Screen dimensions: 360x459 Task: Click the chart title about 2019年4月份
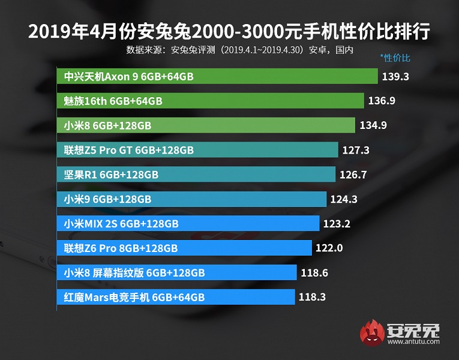[229, 31]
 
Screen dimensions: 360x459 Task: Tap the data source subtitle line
[239, 50]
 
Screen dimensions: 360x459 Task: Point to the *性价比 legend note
[395, 59]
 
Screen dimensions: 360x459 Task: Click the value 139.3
[397, 77]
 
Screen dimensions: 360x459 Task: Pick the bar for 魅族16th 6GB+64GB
[211, 101]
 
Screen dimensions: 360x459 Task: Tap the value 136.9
[382, 101]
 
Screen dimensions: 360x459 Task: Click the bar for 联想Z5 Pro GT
[197, 150]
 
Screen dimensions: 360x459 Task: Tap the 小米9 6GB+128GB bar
[192, 199]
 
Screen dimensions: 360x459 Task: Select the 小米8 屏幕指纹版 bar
[178, 273]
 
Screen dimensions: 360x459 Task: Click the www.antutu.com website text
[413, 343]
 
